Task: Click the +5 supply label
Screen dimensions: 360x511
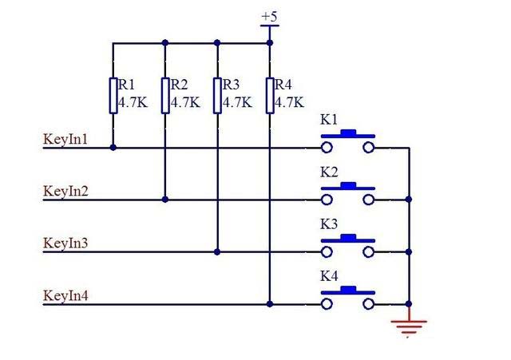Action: click(269, 15)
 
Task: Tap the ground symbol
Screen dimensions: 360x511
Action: click(409, 325)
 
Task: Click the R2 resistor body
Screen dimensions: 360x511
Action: click(164, 95)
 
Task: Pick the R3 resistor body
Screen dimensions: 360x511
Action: click(217, 95)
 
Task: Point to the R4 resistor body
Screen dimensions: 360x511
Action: click(270, 95)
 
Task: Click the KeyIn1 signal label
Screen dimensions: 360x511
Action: click(66, 140)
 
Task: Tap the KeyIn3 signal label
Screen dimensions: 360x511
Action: click(66, 243)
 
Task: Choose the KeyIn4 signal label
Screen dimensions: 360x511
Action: click(66, 296)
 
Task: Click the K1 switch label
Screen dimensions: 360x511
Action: click(329, 121)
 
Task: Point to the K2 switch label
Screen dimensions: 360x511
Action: click(329, 172)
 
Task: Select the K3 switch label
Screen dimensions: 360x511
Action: click(329, 224)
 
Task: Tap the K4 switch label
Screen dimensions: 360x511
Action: click(329, 277)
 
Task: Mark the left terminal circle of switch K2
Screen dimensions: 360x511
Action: click(327, 200)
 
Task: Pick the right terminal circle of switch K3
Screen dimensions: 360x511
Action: click(369, 251)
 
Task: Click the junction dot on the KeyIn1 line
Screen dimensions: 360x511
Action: click(113, 148)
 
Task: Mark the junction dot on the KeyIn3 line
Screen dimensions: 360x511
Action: click(217, 251)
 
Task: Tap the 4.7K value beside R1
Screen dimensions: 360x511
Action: click(132, 102)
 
